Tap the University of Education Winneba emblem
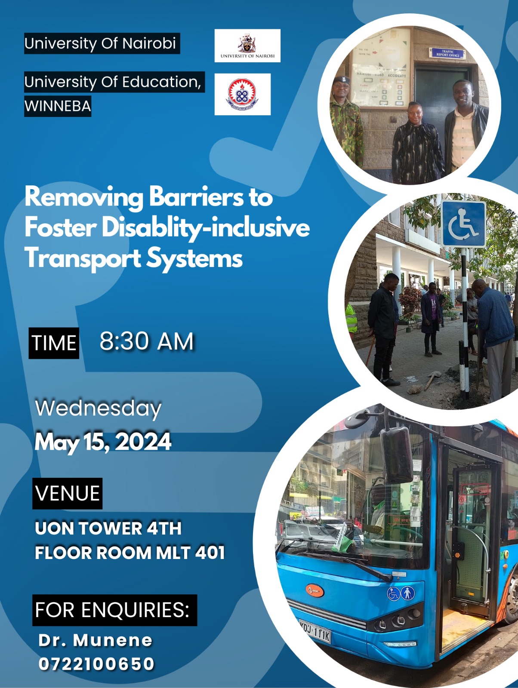(x=242, y=94)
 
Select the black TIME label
(x=54, y=343)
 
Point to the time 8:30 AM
(x=147, y=342)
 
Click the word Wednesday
(x=98, y=408)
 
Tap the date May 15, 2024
(x=103, y=442)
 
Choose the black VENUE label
(x=68, y=493)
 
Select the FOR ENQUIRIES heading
(x=114, y=610)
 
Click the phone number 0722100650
(x=96, y=664)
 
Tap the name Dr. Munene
(x=96, y=640)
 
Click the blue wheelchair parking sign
(x=463, y=224)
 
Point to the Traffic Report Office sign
(x=448, y=53)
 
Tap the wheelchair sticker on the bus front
(x=394, y=594)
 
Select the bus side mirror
(x=396, y=455)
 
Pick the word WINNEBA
(x=58, y=106)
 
